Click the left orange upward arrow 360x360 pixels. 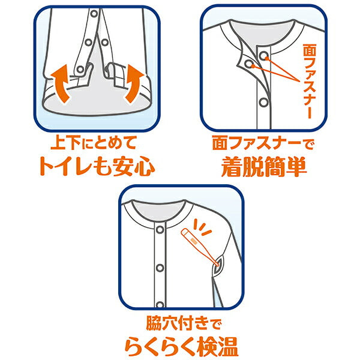(x=60, y=83)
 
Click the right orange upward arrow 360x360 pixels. (x=134, y=83)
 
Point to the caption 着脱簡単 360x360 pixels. (x=264, y=167)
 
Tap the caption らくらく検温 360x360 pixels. (x=181, y=346)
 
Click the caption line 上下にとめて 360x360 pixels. (x=94, y=143)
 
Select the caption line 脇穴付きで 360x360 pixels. (x=184, y=323)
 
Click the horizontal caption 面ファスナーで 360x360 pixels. (x=263, y=143)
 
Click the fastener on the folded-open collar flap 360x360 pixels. (x=248, y=64)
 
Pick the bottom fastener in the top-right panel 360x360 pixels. (x=263, y=102)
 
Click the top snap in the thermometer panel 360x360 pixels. (x=160, y=229)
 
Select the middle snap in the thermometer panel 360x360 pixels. (x=160, y=268)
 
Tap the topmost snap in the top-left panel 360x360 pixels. (x=94, y=14)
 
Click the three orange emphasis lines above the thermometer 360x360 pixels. (x=201, y=227)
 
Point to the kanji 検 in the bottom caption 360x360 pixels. (x=207, y=346)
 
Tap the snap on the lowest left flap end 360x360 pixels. (x=80, y=69)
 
